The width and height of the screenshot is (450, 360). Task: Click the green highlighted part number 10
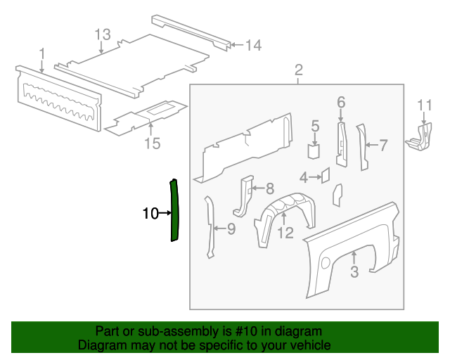[174, 210]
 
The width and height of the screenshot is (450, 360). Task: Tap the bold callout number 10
[150, 213]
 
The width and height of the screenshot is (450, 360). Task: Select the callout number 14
[254, 46]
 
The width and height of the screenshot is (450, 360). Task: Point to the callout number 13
[103, 34]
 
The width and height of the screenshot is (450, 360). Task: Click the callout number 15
[152, 143]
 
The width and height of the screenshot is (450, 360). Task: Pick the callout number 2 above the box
[298, 70]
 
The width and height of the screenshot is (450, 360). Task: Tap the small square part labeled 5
[314, 151]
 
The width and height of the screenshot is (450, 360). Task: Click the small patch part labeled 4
[326, 175]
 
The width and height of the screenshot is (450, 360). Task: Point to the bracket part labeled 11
[420, 137]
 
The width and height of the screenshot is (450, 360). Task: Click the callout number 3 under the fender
[354, 271]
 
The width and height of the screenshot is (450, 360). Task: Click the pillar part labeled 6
[342, 143]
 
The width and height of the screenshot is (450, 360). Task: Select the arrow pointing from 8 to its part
[258, 188]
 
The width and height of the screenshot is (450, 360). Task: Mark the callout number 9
[231, 229]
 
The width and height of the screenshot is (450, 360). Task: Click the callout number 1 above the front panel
[42, 54]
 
